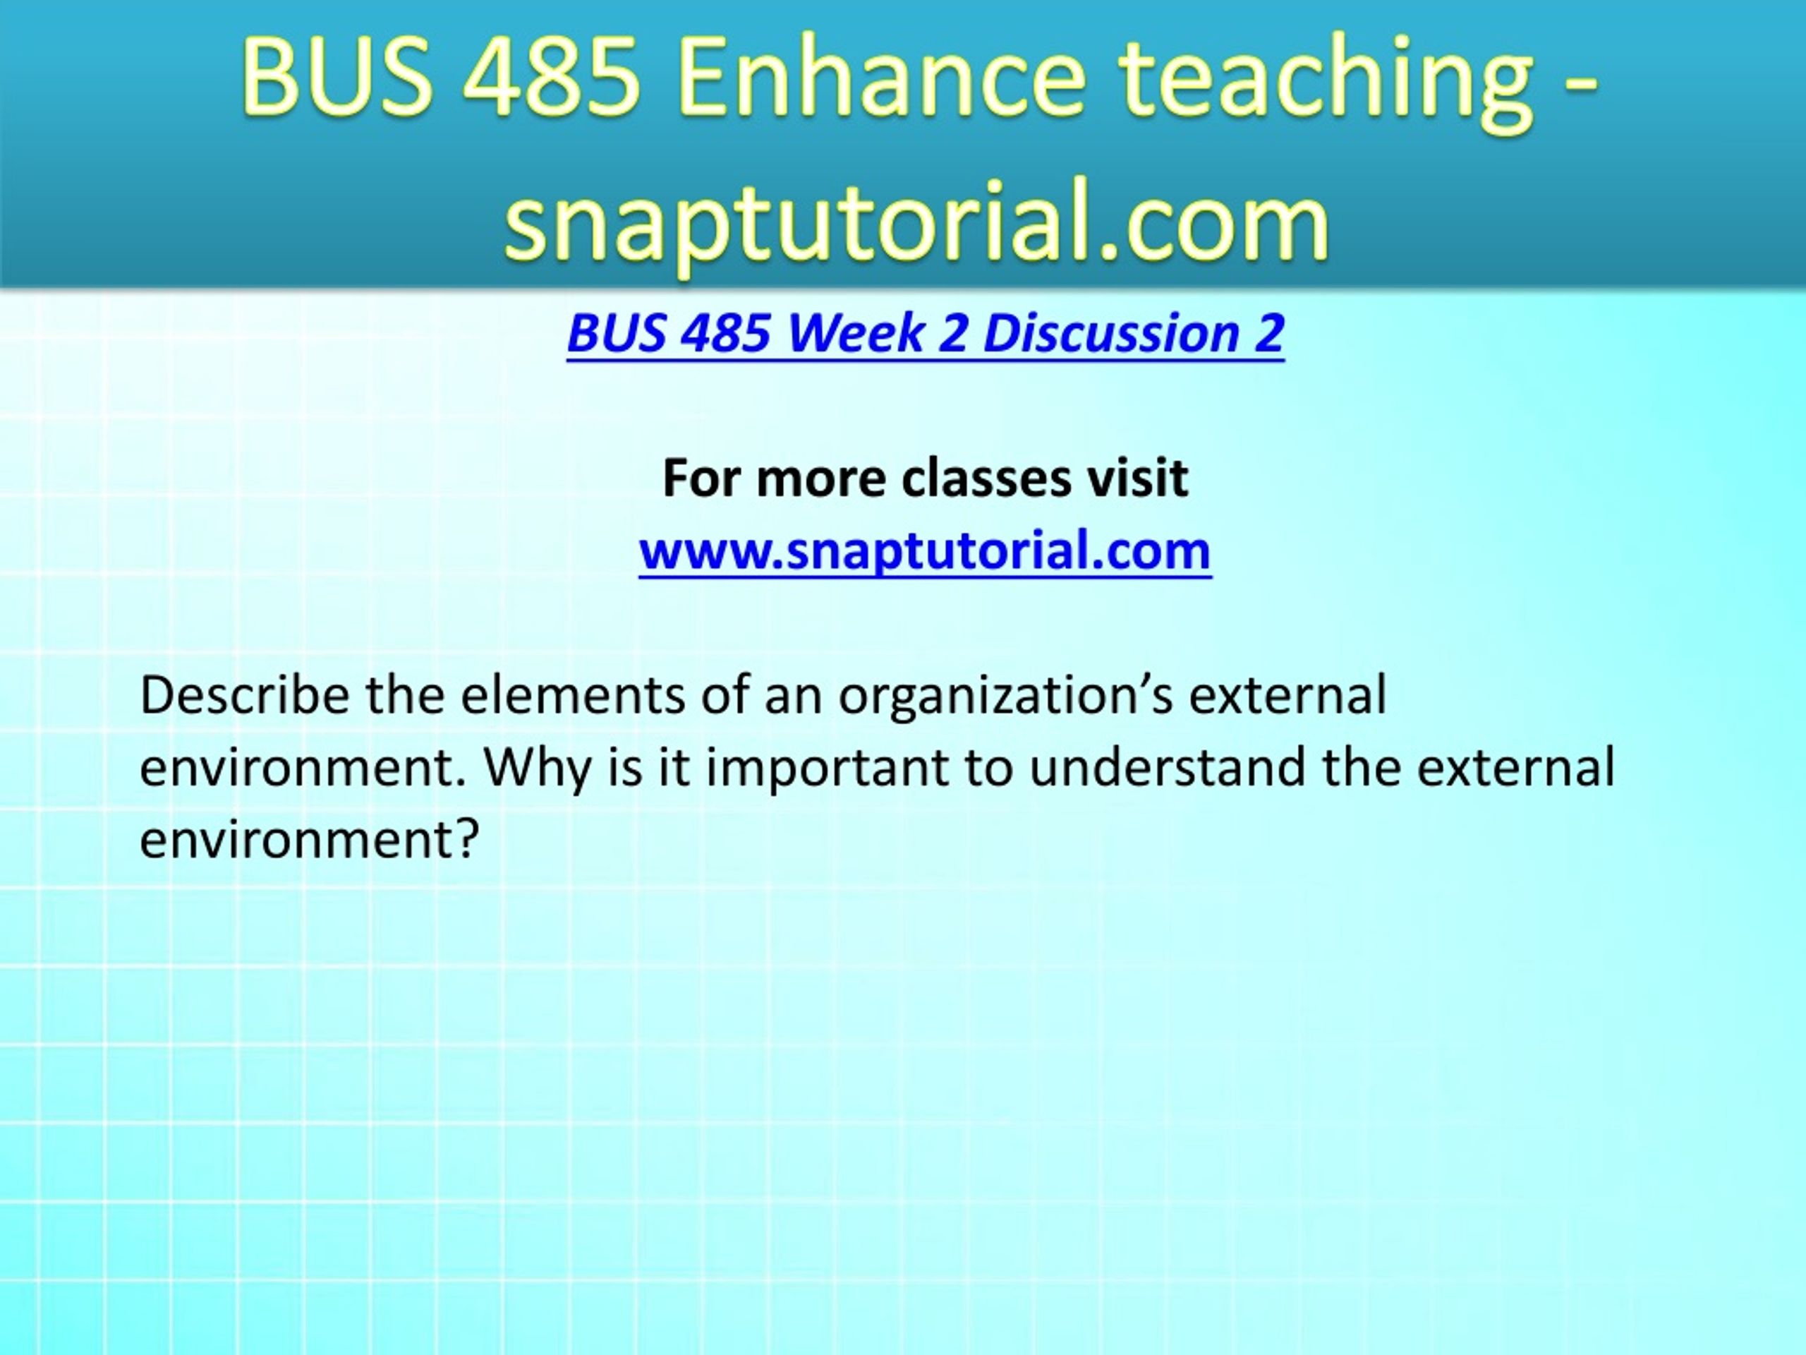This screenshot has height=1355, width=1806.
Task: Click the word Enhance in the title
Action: (882, 79)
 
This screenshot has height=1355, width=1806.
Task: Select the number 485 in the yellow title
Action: (552, 79)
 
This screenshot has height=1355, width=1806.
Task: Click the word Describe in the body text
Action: (245, 695)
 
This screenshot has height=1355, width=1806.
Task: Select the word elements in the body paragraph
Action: (571, 695)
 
